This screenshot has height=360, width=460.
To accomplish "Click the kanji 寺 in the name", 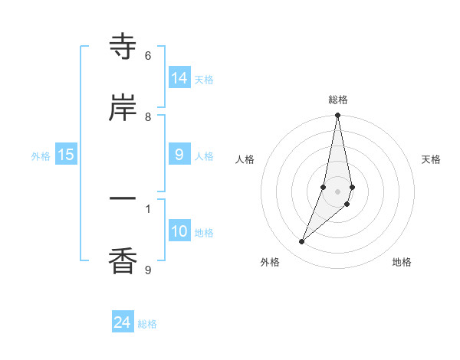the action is point(123,47).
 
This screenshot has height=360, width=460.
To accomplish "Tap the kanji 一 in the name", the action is point(123,199).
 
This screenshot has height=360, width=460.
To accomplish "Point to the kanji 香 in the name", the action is point(123,260).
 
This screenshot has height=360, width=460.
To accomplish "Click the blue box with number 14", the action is point(179,78).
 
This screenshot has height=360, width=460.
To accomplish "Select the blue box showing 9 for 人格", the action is point(179,155).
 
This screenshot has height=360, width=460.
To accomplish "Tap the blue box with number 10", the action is point(179,231).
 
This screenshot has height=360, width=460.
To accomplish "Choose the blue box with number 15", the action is point(66,155).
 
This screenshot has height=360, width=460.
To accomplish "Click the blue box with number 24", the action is point(122,323).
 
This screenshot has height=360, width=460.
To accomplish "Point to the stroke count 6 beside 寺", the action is point(148,56).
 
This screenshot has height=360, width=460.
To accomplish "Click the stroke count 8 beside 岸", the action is point(148,116).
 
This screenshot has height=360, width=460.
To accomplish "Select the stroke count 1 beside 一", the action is point(148,208).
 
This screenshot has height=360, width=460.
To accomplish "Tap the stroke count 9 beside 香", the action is point(148,269).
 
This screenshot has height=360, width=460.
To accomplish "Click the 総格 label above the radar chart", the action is point(337,100).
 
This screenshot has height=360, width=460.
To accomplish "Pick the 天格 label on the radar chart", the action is point(431,159).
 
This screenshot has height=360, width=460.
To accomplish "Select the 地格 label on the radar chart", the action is point(402,262).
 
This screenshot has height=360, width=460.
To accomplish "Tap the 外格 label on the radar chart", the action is point(270,262).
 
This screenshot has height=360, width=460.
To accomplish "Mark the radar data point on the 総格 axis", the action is point(337,116).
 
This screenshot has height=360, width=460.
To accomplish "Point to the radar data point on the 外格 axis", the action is point(301,241).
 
